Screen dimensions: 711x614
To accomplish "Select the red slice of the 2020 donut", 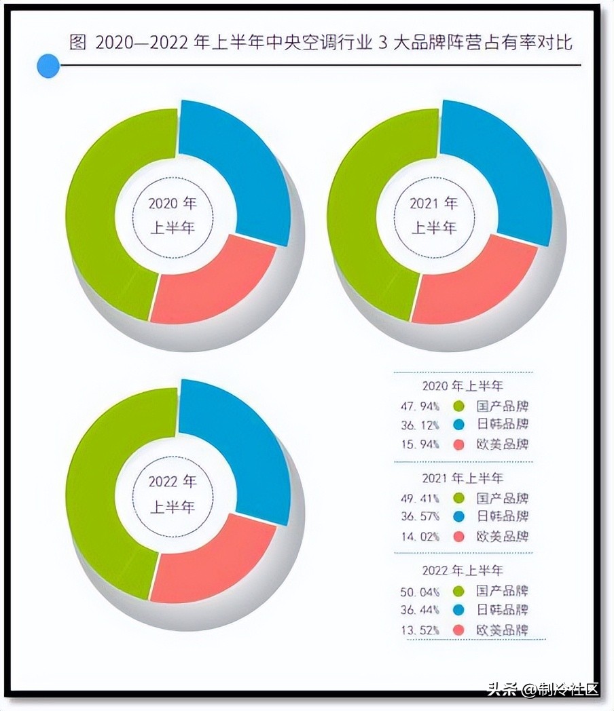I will click(x=211, y=285).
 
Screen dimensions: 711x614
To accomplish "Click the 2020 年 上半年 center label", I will click(x=172, y=214).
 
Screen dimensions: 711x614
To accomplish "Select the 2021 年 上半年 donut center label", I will click(x=433, y=214).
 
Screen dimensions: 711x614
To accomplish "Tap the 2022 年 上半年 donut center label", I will click(x=172, y=494).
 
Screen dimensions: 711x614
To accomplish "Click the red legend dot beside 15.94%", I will click(x=458, y=445).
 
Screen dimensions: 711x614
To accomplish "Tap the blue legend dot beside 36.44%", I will click(x=458, y=610).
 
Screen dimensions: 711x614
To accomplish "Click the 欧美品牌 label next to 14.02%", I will click(x=503, y=536).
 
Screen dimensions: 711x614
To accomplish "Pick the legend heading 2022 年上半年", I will click(x=463, y=571).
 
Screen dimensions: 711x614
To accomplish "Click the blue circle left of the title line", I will click(x=48, y=66).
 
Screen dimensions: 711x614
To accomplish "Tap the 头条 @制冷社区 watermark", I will click(x=543, y=689).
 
